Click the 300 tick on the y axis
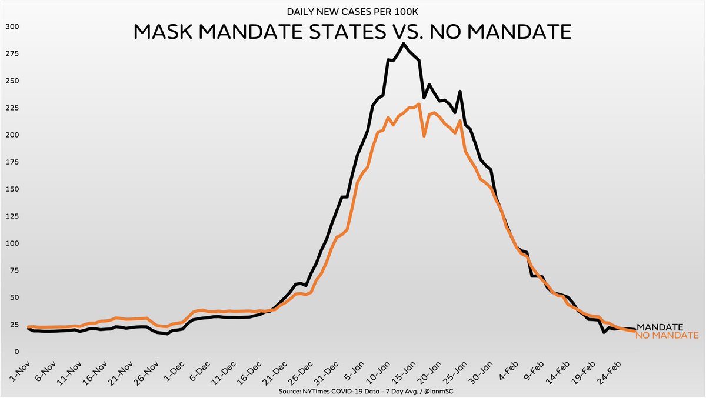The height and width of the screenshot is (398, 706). (x=12, y=26)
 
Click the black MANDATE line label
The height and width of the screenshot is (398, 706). (x=660, y=327)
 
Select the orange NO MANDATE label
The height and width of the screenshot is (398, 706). (x=667, y=336)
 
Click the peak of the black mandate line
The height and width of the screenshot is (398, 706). (x=404, y=44)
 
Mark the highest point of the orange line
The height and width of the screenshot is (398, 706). (x=418, y=105)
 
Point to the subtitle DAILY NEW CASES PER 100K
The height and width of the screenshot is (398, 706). (x=353, y=11)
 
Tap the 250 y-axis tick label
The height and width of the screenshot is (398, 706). (x=12, y=81)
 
